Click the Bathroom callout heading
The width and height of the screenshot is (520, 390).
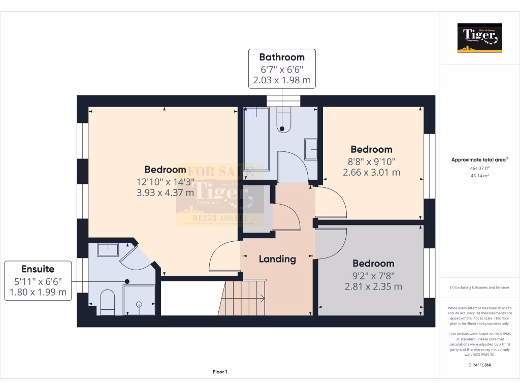(x=282, y=57)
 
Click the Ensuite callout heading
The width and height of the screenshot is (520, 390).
(x=38, y=269)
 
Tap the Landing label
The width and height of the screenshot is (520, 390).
(x=277, y=259)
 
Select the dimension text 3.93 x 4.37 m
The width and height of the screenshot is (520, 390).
(x=165, y=192)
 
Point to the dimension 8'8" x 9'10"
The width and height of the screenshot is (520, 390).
(x=372, y=161)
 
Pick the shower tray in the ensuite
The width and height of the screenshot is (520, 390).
(x=139, y=300)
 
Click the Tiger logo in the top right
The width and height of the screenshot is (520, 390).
(x=480, y=38)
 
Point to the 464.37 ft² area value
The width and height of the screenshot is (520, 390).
(x=480, y=168)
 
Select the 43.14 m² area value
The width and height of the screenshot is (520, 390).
(x=480, y=176)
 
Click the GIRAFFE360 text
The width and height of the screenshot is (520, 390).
(x=480, y=365)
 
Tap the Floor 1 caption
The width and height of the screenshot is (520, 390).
(x=220, y=372)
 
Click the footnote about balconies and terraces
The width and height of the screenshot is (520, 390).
(x=480, y=287)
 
